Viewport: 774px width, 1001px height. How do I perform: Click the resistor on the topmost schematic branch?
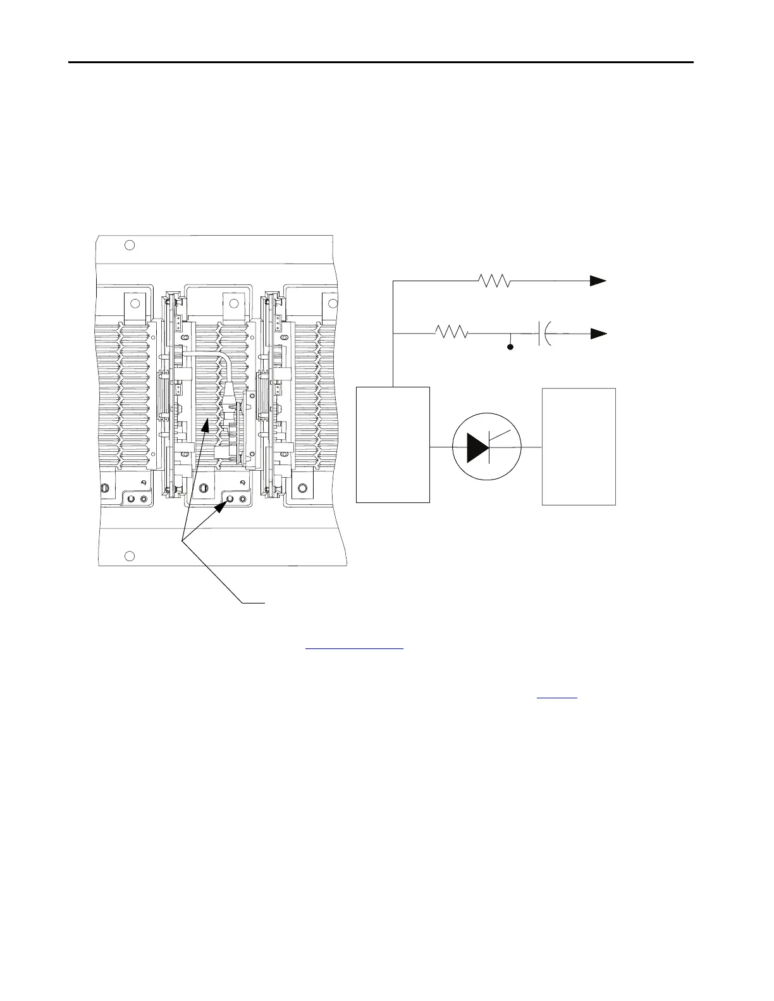click(x=494, y=281)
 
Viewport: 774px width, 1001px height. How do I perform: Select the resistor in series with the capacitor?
click(x=451, y=332)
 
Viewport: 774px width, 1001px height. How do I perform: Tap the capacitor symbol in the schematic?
click(x=543, y=332)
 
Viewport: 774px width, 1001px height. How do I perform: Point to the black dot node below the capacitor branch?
click(x=510, y=347)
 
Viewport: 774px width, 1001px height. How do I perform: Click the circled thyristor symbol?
click(x=487, y=447)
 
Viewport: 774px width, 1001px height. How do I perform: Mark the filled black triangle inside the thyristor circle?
click(x=477, y=447)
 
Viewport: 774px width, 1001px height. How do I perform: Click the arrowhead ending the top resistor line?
click(x=598, y=281)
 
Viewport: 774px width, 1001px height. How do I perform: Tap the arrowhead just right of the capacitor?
click(x=598, y=333)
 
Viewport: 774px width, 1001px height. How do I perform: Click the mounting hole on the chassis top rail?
click(x=129, y=245)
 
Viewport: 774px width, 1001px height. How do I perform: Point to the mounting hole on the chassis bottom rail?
click(x=129, y=555)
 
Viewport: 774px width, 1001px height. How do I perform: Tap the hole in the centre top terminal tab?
click(x=233, y=304)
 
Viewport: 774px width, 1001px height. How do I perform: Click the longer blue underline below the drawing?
click(x=354, y=649)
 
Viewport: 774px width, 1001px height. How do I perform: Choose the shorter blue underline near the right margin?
click(x=557, y=698)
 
